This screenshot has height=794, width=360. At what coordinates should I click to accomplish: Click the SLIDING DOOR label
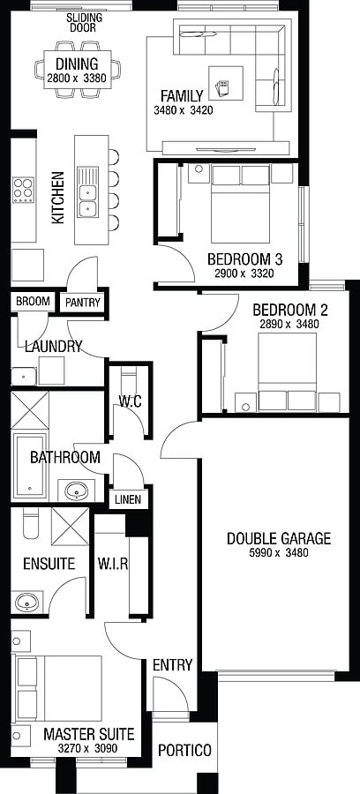point(85,23)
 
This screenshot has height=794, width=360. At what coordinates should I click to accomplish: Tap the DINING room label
point(77,64)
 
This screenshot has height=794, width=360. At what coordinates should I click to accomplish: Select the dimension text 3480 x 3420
point(183,110)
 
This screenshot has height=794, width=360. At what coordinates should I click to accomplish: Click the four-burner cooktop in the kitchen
point(23,190)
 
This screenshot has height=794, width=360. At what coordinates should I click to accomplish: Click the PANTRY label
point(83,303)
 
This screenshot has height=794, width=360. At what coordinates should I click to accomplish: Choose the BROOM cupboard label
point(33,302)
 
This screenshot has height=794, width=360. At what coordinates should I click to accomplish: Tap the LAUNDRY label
point(53,347)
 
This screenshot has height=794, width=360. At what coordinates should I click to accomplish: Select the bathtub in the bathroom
point(30,466)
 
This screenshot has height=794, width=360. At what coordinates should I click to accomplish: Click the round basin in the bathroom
point(77,491)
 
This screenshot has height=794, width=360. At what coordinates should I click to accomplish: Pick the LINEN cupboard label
point(128,500)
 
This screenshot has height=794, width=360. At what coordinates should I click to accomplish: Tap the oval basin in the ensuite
point(26,603)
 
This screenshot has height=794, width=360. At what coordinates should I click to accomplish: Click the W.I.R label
point(112,564)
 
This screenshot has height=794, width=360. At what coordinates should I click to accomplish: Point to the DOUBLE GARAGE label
point(279,538)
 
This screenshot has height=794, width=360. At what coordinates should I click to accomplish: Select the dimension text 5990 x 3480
point(279,553)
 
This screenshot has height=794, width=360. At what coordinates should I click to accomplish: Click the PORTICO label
point(184,750)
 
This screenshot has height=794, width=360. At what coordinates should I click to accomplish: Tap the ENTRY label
point(173,665)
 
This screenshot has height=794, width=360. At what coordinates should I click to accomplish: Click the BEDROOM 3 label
point(245,259)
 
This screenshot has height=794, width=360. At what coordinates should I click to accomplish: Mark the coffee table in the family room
point(225,83)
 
